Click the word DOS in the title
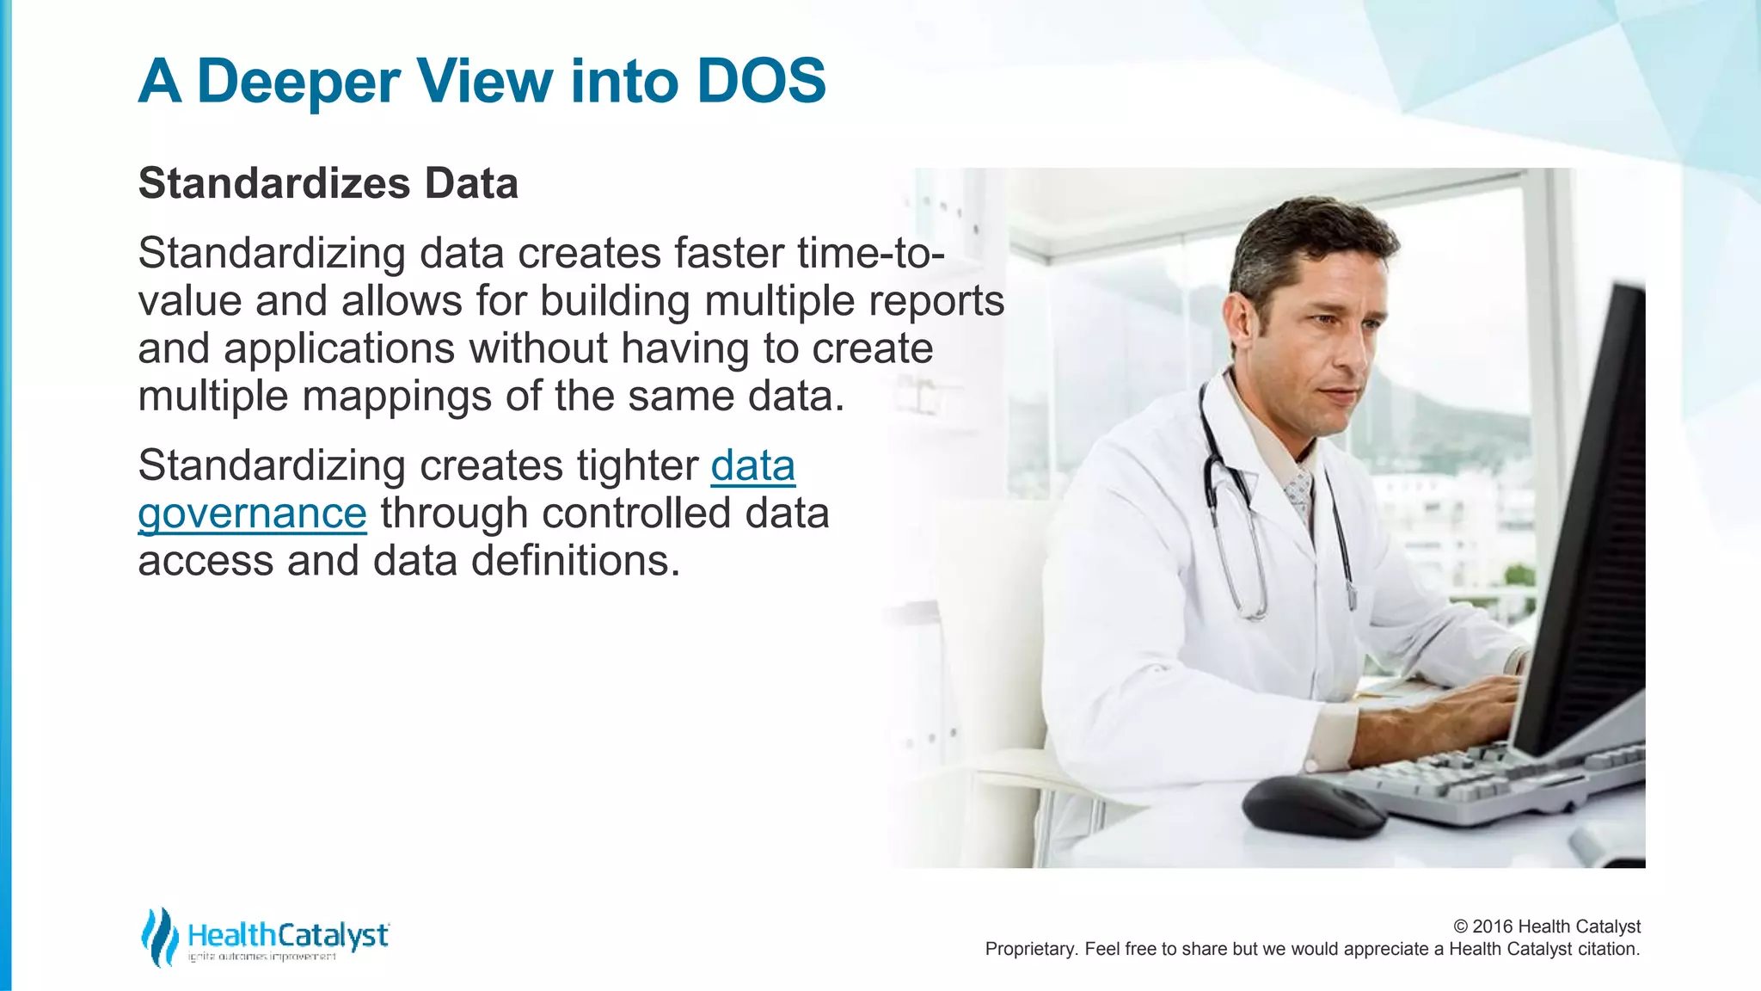[761, 81]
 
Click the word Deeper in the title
[298, 83]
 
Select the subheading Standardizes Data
[328, 183]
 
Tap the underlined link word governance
[252, 514]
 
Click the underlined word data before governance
[752, 465]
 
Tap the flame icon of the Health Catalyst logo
[158, 936]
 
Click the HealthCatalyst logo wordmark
[288, 934]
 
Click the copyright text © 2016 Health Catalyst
[1546, 926]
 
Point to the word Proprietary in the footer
[1030, 949]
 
